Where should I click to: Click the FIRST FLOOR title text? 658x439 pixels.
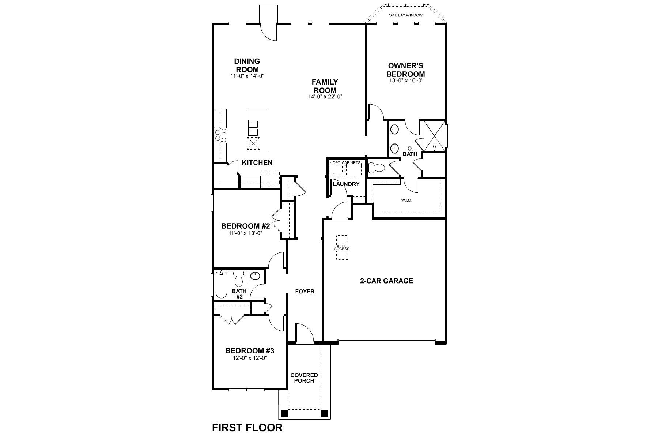click(247, 428)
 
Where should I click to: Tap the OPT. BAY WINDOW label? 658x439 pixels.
click(405, 15)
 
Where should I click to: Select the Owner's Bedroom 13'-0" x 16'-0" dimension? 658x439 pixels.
click(406, 80)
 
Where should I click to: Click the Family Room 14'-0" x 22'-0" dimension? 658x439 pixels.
click(325, 97)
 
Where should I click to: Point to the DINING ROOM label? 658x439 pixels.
click(247, 65)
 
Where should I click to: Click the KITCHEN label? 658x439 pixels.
click(257, 163)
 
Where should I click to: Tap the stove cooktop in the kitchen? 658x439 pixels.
click(220, 135)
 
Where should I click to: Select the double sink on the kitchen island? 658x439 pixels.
click(253, 128)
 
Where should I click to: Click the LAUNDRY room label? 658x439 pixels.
click(346, 184)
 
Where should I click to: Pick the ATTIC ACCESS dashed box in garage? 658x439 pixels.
click(342, 247)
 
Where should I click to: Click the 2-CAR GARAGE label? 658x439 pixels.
click(386, 281)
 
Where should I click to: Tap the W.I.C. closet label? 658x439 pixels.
click(406, 200)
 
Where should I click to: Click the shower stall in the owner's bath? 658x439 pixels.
click(434, 136)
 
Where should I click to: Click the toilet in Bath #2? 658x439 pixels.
click(239, 278)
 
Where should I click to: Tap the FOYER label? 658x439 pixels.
click(305, 292)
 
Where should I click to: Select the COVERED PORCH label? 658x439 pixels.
click(304, 378)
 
